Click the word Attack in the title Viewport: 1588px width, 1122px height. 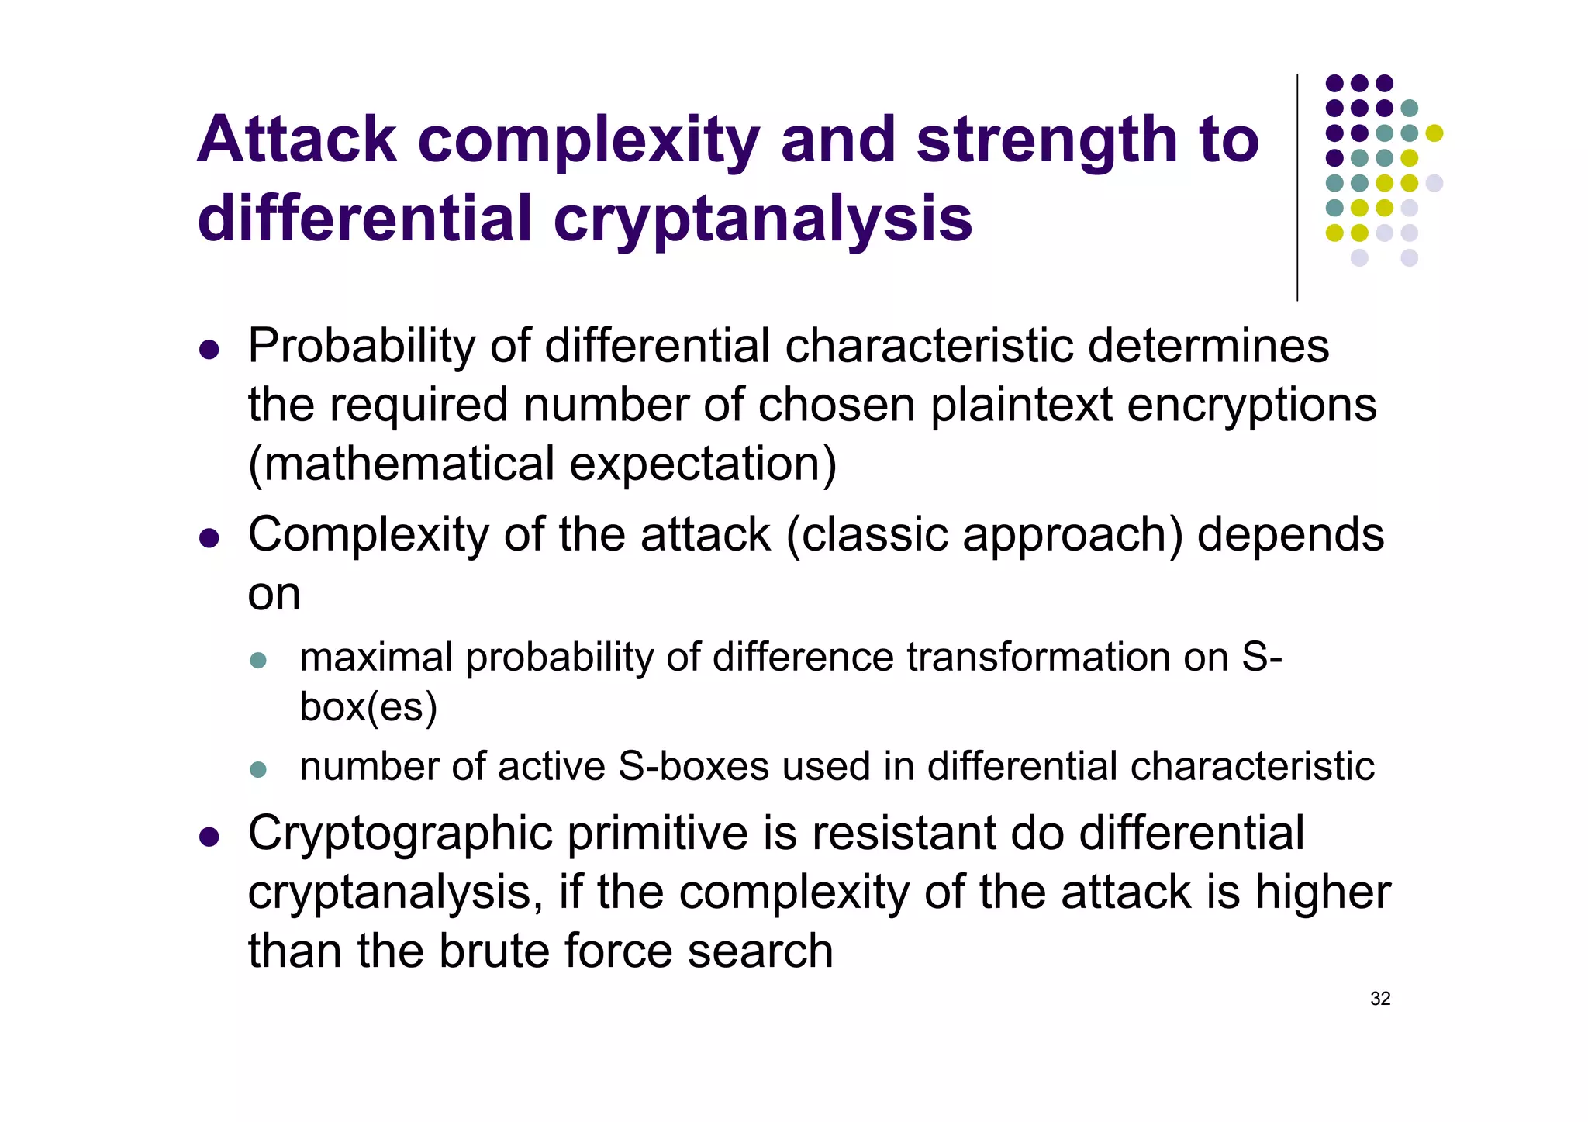pyautogui.click(x=297, y=140)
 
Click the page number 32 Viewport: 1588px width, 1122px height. pyautogui.click(x=1380, y=999)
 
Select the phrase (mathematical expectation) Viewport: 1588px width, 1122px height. pyautogui.click(x=542, y=464)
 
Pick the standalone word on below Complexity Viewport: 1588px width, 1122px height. pyautogui.click(x=274, y=595)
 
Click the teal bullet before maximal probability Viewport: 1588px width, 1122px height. pyautogui.click(x=258, y=661)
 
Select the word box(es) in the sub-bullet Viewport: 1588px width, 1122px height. pyautogui.click(x=368, y=707)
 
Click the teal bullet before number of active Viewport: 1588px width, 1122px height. pyautogui.click(x=258, y=769)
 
